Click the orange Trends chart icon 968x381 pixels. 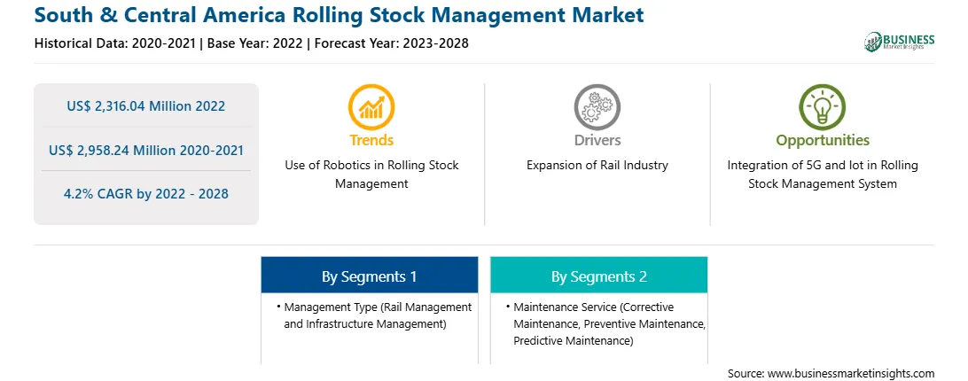tap(371, 107)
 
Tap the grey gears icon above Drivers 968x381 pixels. tap(597, 107)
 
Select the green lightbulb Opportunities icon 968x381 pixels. tap(823, 107)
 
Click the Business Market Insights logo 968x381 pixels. tap(900, 42)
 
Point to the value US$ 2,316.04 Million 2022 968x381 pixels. tap(145, 106)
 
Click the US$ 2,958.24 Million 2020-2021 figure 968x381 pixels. tap(145, 150)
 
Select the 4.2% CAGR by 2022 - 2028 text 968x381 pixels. tap(145, 194)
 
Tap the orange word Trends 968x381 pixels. tap(371, 140)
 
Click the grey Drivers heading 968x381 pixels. tap(597, 140)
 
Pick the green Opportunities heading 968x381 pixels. tap(823, 140)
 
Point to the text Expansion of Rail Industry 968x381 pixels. tap(597, 166)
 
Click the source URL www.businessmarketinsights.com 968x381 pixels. tap(851, 374)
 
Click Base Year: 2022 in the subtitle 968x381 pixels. tap(256, 43)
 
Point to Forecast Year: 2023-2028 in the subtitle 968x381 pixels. tap(392, 43)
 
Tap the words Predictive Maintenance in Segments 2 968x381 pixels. tap(574, 340)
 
